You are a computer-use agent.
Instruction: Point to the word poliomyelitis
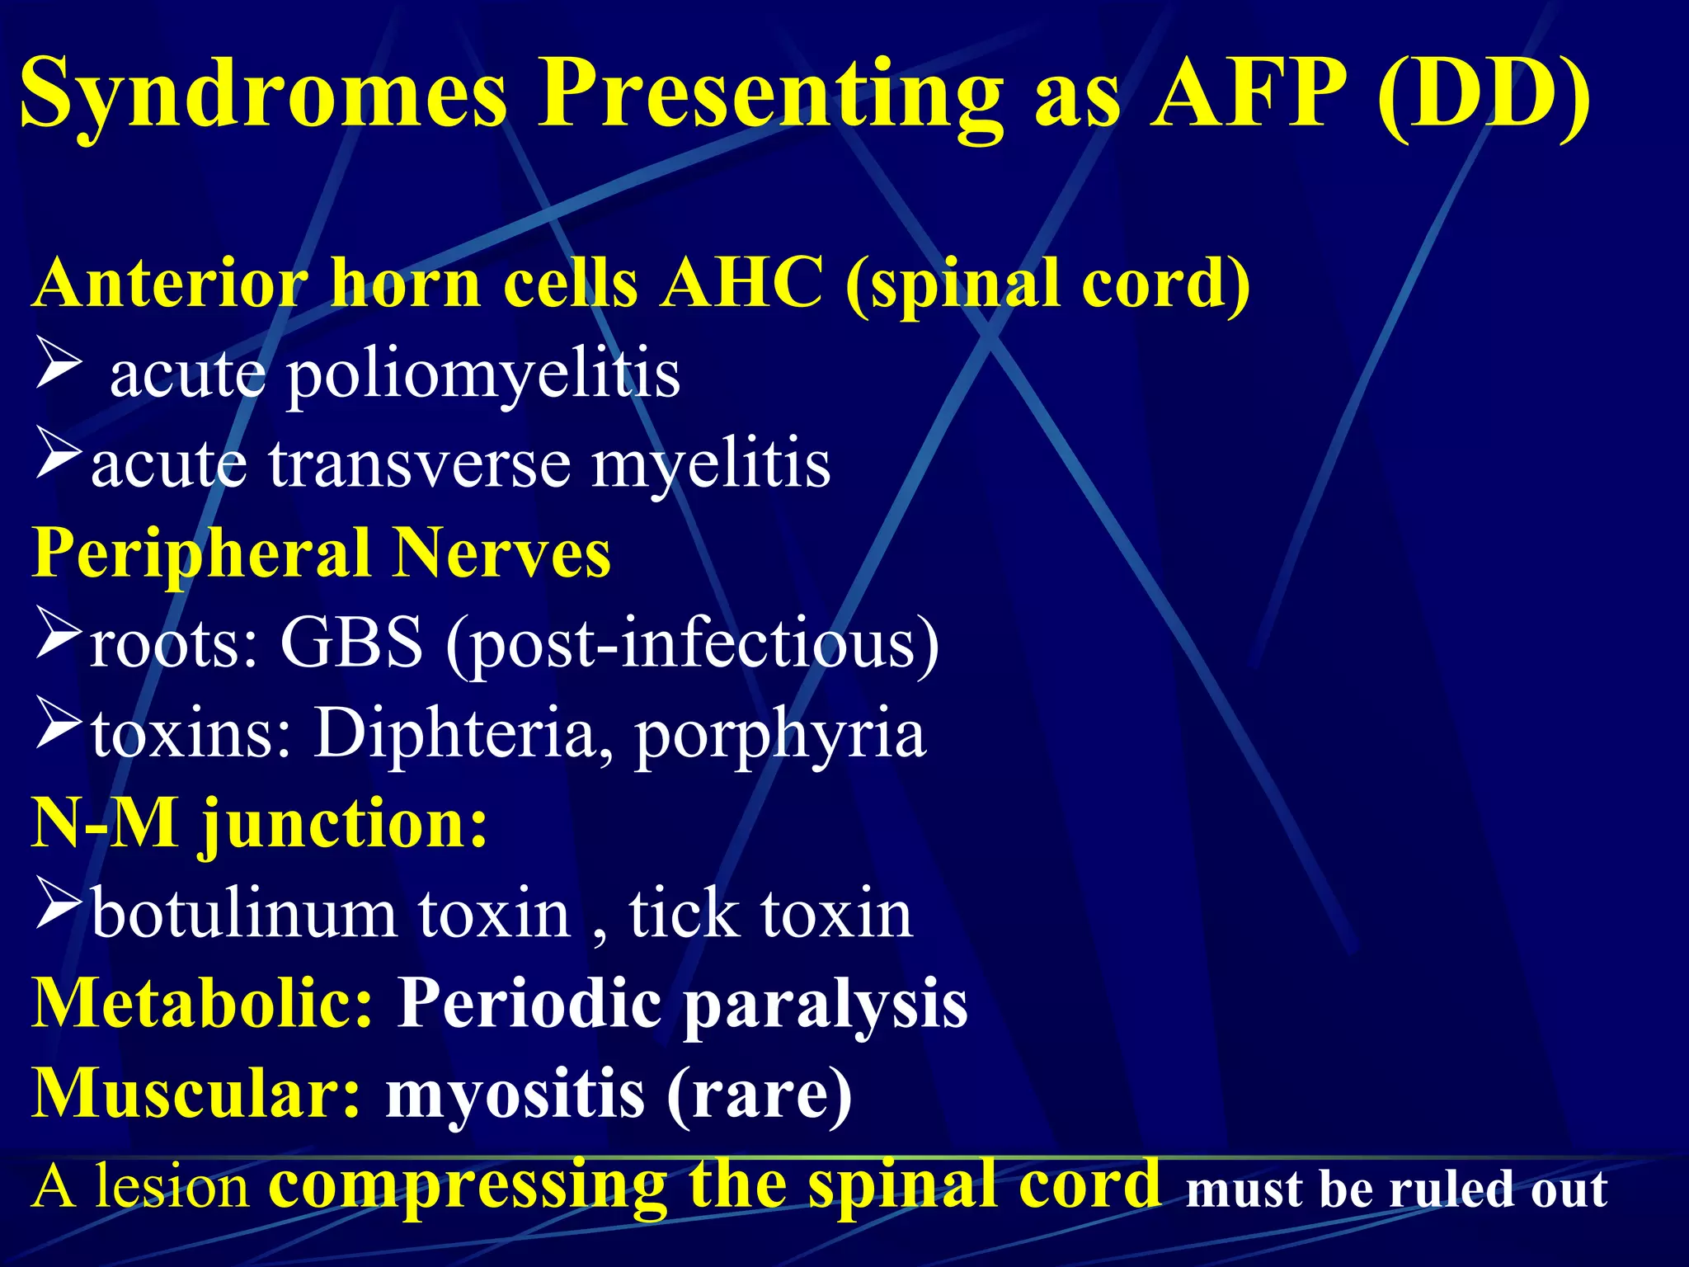[482, 375]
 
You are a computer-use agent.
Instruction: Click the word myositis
[515, 1095]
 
